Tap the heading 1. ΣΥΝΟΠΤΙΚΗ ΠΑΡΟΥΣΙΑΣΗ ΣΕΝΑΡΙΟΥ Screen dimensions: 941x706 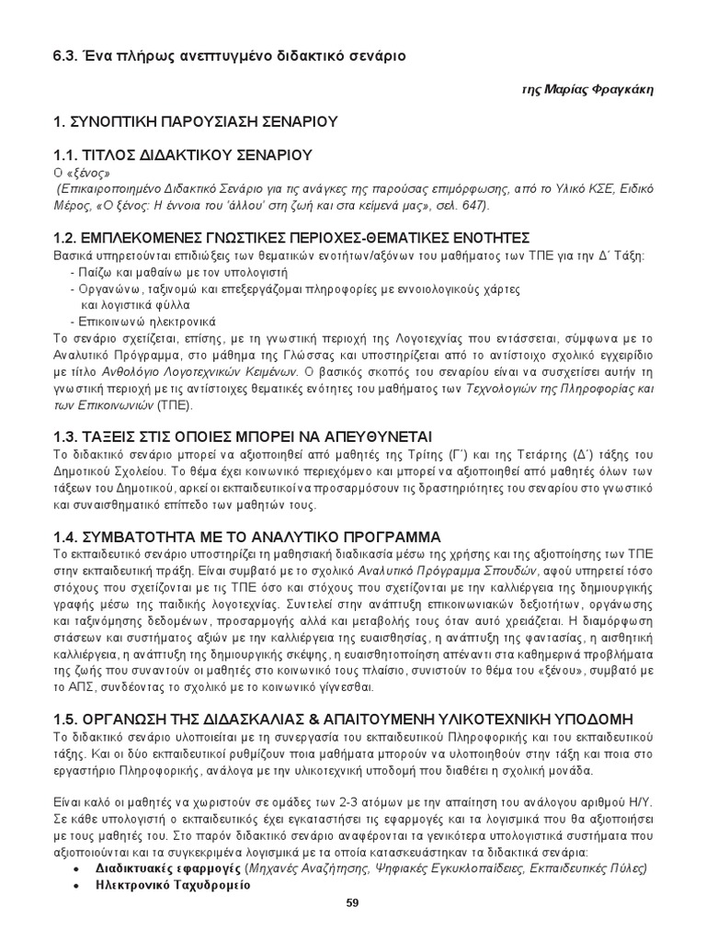tap(195, 121)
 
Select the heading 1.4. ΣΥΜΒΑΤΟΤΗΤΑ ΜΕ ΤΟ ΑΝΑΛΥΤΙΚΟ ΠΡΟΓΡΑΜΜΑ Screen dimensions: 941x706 tap(246, 536)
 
